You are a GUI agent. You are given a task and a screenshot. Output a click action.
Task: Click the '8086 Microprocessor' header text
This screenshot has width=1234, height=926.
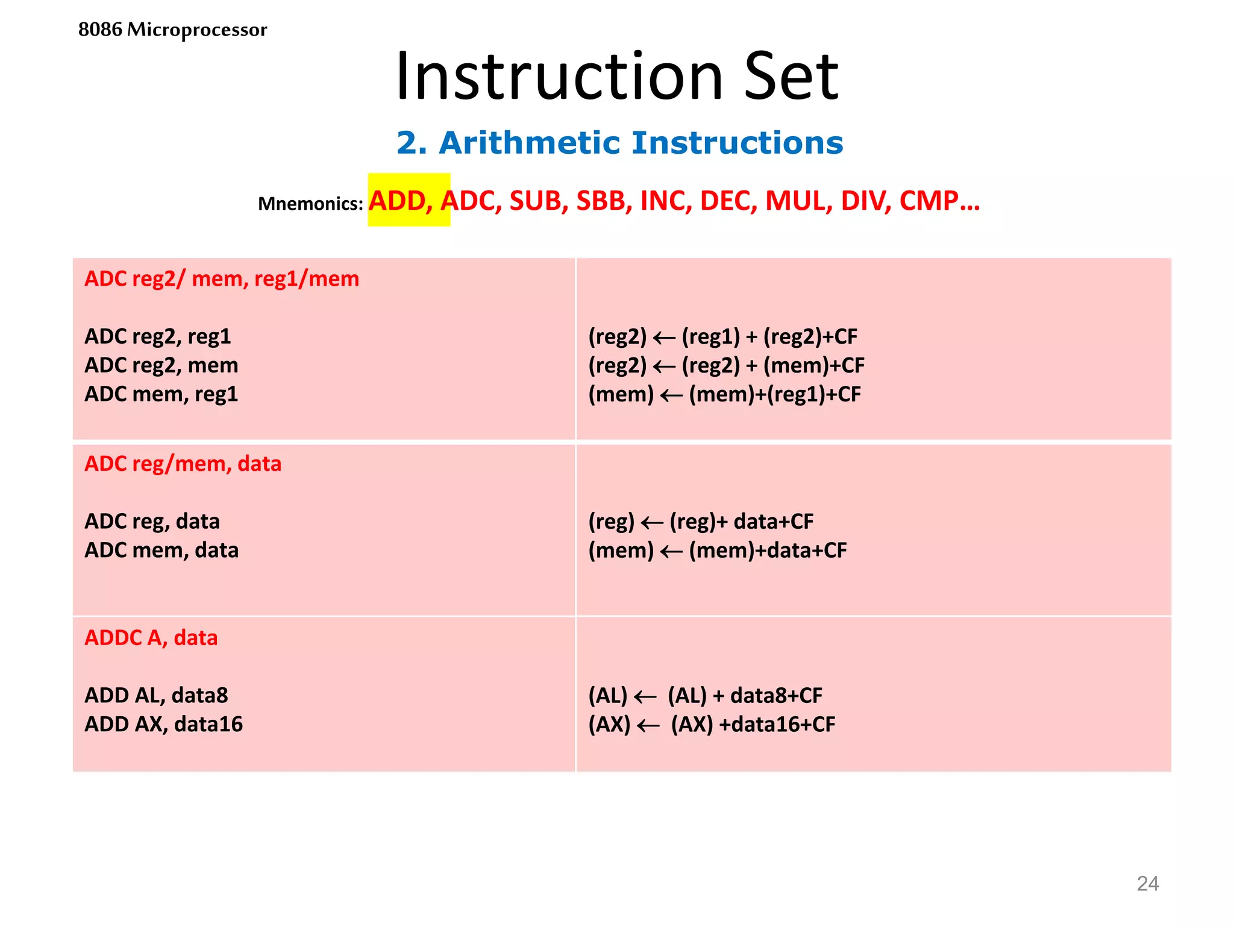pyautogui.click(x=172, y=30)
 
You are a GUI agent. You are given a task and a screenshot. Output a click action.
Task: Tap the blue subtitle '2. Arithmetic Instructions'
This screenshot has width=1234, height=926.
pyautogui.click(x=619, y=143)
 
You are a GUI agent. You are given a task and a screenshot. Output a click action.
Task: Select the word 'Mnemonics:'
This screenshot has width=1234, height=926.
pyautogui.click(x=310, y=204)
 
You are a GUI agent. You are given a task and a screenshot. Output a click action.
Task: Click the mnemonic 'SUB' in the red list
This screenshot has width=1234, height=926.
pyautogui.click(x=536, y=201)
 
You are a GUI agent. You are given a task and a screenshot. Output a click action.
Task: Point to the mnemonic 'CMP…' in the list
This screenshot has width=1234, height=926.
pyautogui.click(x=939, y=201)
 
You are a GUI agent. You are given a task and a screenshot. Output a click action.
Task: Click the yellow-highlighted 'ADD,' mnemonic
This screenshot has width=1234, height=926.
pyautogui.click(x=401, y=201)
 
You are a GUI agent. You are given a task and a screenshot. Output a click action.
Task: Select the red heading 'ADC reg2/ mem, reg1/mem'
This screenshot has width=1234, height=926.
pyautogui.click(x=222, y=279)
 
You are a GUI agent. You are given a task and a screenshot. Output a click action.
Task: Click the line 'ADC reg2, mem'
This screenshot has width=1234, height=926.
pyautogui.click(x=161, y=365)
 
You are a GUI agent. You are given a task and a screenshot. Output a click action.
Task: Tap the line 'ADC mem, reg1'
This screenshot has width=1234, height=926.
pyautogui.click(x=161, y=394)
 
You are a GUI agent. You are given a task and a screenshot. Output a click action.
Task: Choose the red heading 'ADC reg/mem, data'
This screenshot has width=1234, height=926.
pyautogui.click(x=183, y=464)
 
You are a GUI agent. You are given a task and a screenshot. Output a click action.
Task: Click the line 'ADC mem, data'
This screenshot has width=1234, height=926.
pyautogui.click(x=161, y=550)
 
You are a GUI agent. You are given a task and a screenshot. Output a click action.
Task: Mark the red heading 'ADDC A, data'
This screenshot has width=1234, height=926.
pyautogui.click(x=151, y=638)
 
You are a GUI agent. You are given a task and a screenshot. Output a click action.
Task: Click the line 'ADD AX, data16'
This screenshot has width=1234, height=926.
pyautogui.click(x=164, y=725)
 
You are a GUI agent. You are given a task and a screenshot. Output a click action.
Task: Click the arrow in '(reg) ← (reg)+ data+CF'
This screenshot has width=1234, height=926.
pyautogui.click(x=652, y=523)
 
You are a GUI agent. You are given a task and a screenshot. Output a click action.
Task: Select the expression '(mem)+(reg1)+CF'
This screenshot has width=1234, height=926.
pyautogui.click(x=775, y=394)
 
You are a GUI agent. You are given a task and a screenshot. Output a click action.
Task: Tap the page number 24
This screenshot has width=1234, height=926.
pyautogui.click(x=1147, y=884)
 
